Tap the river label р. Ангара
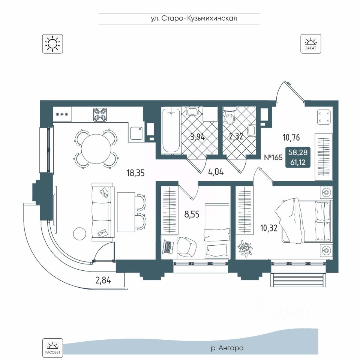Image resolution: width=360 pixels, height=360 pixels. pyautogui.click(x=227, y=348)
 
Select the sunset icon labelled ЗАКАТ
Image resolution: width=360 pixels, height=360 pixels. pyautogui.click(x=310, y=43)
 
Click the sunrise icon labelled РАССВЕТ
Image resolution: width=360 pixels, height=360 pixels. pyautogui.click(x=52, y=347)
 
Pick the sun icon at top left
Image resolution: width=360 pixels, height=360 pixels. pyautogui.click(x=52, y=43)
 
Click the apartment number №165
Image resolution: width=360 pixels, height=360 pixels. pyautogui.click(x=273, y=157)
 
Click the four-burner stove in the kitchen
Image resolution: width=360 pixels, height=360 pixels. pyautogui.click(x=100, y=114)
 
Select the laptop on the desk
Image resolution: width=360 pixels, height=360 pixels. pyautogui.click(x=168, y=246)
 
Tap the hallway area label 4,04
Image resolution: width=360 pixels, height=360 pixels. pyautogui.click(x=216, y=173)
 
